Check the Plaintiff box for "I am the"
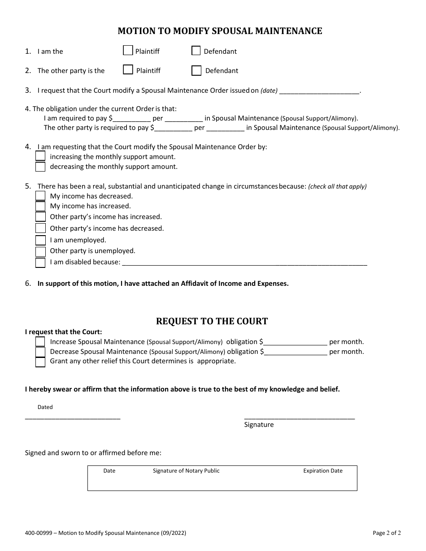point(128,51)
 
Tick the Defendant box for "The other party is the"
point(196,71)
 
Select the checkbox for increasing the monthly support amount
point(40,156)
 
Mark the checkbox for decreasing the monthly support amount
point(40,167)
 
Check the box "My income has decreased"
point(40,196)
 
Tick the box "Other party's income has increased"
point(40,217)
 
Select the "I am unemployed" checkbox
point(40,240)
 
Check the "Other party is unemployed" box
point(40,251)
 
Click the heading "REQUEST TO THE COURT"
point(212,321)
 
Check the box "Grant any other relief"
point(40,362)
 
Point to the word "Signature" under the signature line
point(259,425)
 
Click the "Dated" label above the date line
point(45,407)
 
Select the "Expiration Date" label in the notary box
point(323,471)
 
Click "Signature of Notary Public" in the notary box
point(186,471)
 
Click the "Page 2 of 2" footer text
point(387,533)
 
